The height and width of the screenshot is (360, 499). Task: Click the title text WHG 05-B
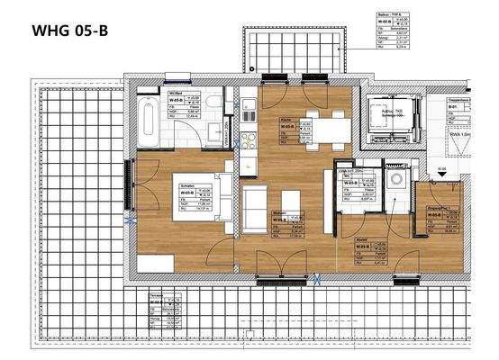pyautogui.click(x=71, y=31)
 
